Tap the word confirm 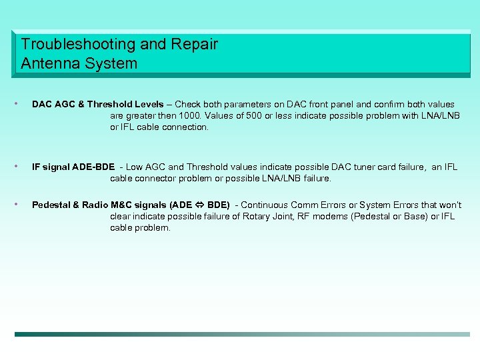[385, 105]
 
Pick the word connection [185, 127]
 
